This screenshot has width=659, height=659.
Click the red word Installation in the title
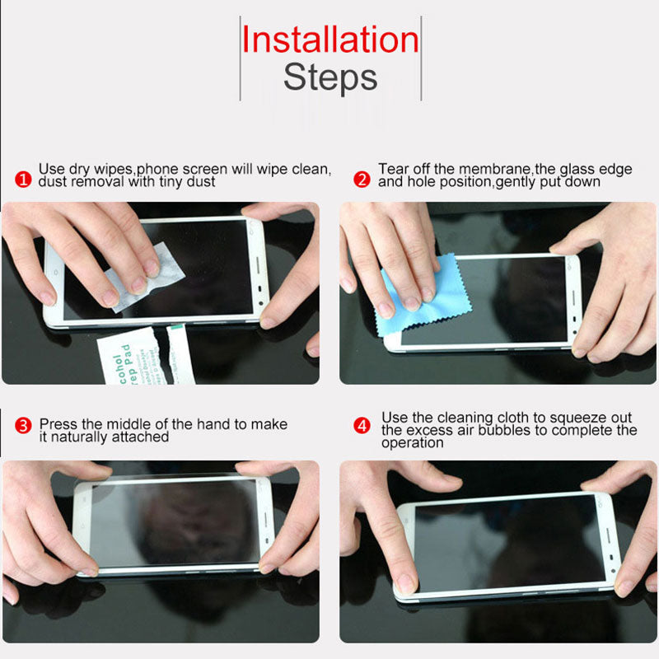click(x=330, y=40)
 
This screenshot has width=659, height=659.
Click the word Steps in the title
click(x=330, y=77)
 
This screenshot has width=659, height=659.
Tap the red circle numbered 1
click(x=25, y=179)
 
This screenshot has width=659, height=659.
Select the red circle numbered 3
click(x=25, y=426)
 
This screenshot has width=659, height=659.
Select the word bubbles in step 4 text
click(x=493, y=430)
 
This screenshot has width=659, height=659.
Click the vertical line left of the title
click(x=240, y=58)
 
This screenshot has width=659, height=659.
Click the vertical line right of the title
click(x=421, y=58)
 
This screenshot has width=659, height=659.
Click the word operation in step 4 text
click(x=414, y=443)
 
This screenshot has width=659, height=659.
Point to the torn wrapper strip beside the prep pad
click(x=181, y=354)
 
